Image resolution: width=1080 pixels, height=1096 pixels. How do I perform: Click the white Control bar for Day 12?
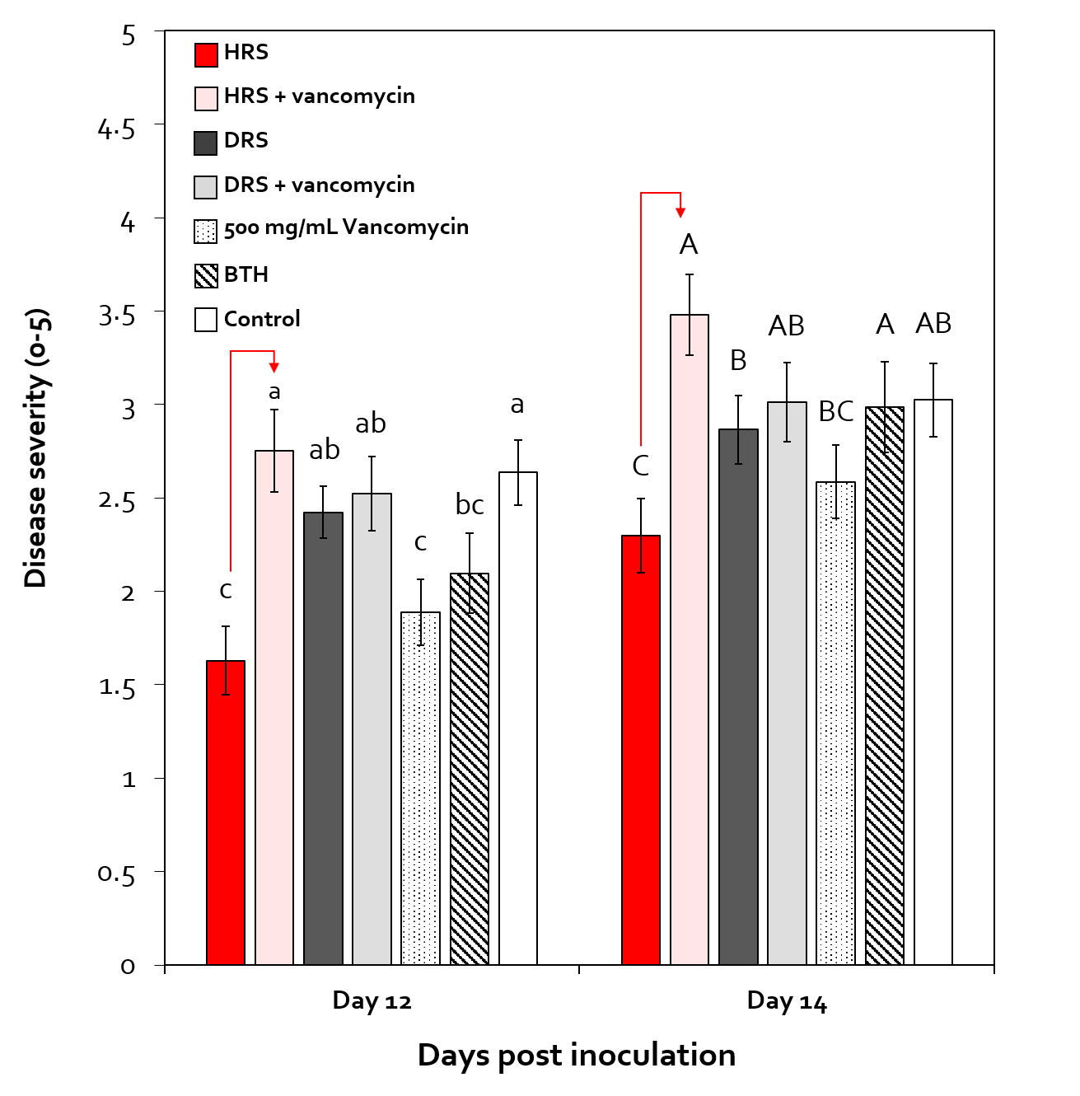(x=518, y=718)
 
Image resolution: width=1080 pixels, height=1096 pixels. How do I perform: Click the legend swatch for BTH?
(x=206, y=275)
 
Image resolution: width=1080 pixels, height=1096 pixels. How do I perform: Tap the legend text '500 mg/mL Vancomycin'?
(x=346, y=227)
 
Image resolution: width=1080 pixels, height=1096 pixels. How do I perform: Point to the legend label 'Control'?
(x=262, y=319)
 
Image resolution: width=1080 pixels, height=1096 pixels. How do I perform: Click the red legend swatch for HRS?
(x=206, y=54)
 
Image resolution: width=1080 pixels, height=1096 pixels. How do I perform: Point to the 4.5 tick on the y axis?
(x=116, y=129)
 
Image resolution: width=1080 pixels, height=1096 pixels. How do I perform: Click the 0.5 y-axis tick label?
(x=116, y=873)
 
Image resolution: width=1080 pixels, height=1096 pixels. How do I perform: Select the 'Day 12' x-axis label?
(x=372, y=1000)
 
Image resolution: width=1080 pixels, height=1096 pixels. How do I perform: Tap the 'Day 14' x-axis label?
(x=787, y=1000)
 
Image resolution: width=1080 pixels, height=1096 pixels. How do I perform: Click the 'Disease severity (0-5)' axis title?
(x=36, y=447)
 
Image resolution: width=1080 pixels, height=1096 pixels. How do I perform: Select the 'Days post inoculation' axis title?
(x=576, y=1055)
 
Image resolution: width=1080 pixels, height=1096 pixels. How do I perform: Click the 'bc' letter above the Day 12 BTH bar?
(x=470, y=504)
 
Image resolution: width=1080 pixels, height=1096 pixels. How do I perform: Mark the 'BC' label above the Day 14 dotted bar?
(x=835, y=411)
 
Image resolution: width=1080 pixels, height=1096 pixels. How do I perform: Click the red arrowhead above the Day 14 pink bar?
(x=680, y=213)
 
